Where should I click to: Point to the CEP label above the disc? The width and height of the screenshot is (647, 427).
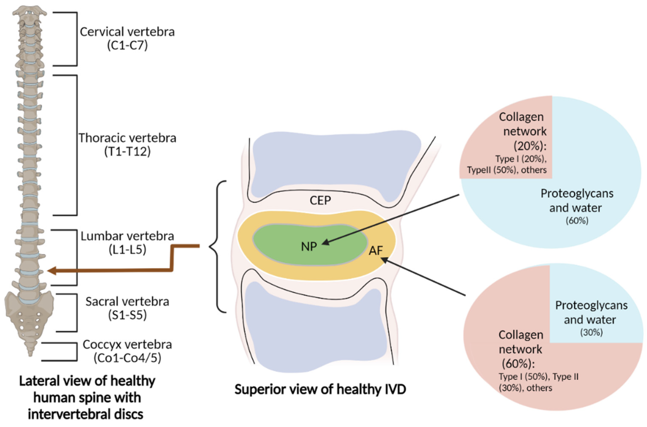coord(320,200)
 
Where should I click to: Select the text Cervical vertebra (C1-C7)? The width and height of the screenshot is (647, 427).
coord(127,38)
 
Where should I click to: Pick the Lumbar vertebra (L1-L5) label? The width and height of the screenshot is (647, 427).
coord(127,243)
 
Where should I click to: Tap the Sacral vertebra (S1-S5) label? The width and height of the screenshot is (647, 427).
coord(127,308)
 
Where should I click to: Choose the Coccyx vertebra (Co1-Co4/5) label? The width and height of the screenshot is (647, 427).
coord(127,351)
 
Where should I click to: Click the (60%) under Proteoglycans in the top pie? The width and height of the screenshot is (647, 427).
coord(577,221)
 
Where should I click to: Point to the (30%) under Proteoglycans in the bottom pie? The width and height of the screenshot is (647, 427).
coord(591,332)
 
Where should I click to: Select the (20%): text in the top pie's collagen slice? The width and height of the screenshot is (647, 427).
coord(530,147)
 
